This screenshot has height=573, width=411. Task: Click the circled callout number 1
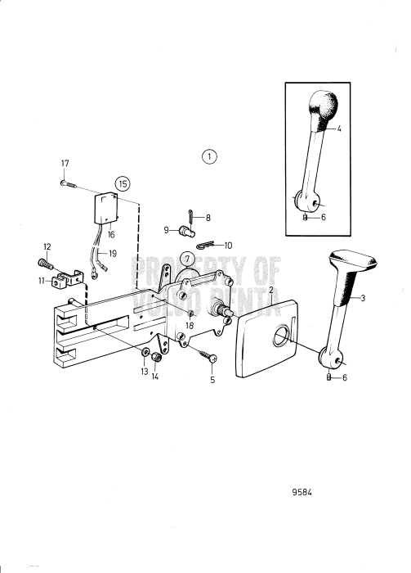coord(209,157)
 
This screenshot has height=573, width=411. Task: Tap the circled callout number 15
coord(123,183)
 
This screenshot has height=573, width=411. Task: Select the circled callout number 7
coord(187,259)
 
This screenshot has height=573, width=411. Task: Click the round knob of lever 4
coord(323,106)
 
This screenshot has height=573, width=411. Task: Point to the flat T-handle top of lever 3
coord(352,259)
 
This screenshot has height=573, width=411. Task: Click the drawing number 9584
coord(302,492)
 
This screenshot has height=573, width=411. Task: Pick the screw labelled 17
coord(68,184)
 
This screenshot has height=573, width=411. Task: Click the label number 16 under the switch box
coord(111,235)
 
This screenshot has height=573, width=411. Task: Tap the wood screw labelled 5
coord(208,356)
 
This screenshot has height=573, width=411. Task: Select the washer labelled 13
coord(145,351)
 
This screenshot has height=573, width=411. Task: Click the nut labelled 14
coord(156,357)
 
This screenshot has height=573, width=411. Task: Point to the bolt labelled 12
coord(46,263)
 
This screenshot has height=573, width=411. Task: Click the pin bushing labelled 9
coord(187,231)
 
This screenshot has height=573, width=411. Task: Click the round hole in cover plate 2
coord(281,336)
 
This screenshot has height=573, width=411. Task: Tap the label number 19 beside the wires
coord(113,253)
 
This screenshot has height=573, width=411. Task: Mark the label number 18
coord(190,325)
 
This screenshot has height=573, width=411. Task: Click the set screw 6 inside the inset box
coord(306,218)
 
